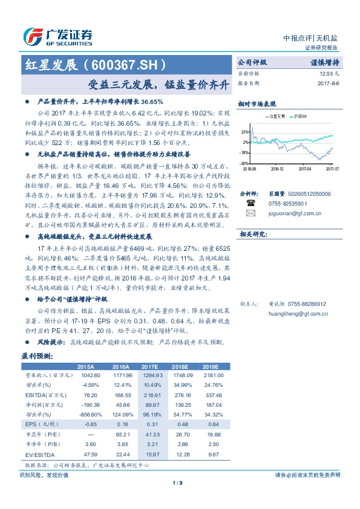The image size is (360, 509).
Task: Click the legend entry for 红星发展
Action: click(275, 115)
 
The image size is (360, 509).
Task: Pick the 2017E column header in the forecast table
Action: click(150, 367)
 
